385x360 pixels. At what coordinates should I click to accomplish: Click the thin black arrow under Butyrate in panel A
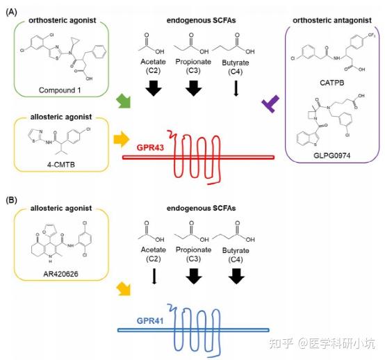click(x=236, y=89)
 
